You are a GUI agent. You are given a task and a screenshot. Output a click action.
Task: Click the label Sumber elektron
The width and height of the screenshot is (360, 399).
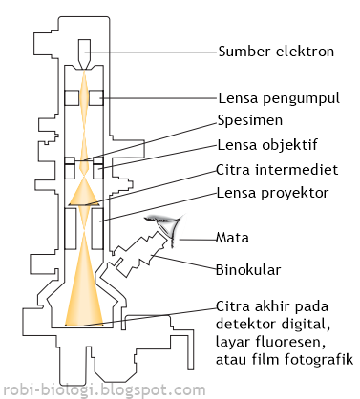(x=276, y=52)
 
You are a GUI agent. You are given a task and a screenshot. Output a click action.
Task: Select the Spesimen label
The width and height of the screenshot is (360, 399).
(x=249, y=124)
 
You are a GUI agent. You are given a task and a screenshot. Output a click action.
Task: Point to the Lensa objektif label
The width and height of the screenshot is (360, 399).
(x=269, y=146)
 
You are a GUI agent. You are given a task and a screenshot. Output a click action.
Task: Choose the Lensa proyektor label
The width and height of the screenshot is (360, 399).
(x=273, y=192)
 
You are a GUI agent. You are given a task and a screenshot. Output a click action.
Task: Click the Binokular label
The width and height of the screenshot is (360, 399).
(x=248, y=270)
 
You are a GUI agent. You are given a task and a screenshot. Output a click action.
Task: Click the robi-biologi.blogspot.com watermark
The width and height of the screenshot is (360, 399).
(x=91, y=389)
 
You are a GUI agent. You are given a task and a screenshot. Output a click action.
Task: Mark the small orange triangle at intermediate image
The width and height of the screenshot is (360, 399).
(x=84, y=195)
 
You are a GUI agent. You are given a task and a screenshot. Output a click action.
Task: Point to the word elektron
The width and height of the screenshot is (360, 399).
(x=306, y=52)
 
